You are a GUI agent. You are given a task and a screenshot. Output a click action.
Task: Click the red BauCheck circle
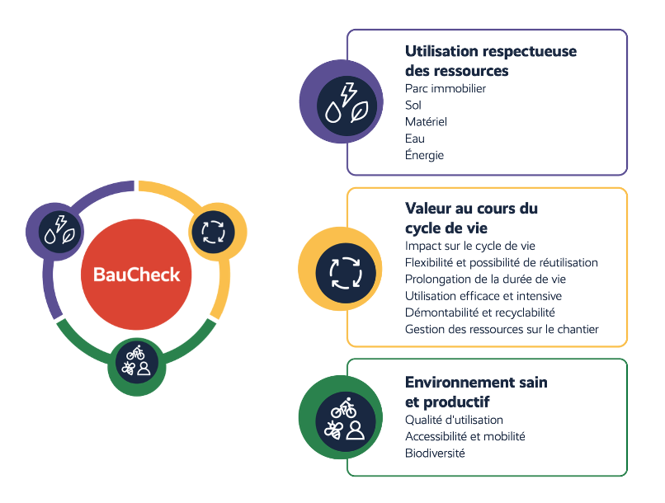[136, 274]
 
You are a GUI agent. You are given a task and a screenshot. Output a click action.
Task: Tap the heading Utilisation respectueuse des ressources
[491, 60]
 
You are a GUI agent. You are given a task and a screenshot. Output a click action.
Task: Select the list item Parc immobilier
[446, 88]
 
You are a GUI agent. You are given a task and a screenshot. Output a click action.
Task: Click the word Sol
[413, 105]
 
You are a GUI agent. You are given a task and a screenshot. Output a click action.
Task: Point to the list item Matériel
[426, 121]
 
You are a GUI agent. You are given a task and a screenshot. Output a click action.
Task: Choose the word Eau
[415, 139]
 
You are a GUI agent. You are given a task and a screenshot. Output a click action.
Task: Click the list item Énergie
[424, 155]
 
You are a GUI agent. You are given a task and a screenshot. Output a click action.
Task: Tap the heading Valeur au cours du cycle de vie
[471, 219]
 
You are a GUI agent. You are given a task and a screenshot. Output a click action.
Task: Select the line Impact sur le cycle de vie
[470, 246]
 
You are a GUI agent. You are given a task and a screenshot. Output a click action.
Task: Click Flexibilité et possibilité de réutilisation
[502, 263]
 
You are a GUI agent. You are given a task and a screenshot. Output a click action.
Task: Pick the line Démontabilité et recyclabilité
[479, 313]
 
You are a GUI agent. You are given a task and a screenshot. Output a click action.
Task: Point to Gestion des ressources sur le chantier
[502, 329]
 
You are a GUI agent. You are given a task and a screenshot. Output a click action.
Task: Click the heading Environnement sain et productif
[476, 392]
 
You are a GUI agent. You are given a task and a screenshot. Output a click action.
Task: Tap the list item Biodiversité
[435, 454]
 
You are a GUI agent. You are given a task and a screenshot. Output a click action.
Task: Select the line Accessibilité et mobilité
[465, 436]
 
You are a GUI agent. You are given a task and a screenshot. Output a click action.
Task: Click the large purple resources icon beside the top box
[342, 101]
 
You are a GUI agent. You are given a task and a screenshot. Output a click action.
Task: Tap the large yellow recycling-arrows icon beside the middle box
[340, 269]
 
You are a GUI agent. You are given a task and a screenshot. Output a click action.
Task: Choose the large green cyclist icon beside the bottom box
[341, 417]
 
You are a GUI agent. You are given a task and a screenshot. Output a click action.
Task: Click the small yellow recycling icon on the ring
[218, 232]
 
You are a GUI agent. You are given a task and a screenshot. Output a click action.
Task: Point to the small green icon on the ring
[137, 367]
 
